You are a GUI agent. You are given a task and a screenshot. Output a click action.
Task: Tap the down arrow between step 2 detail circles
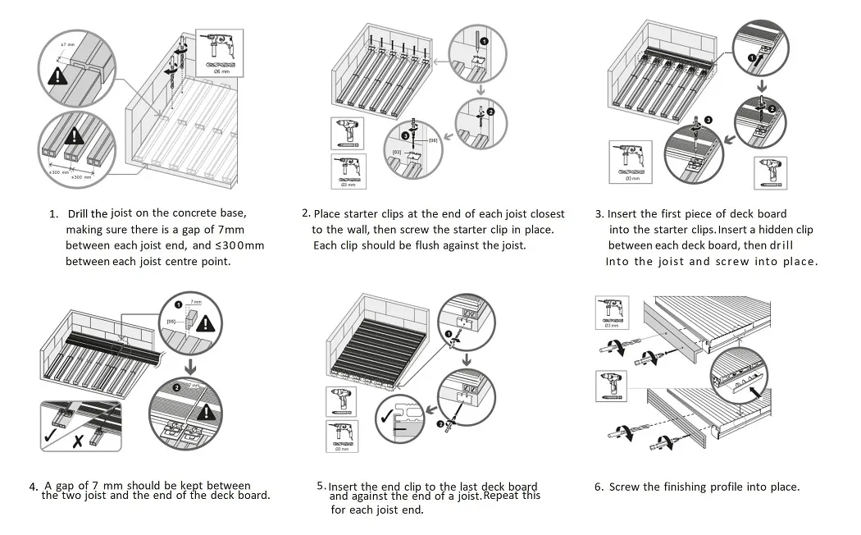coord(481,89)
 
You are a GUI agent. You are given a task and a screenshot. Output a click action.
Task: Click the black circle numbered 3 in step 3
coord(708,120)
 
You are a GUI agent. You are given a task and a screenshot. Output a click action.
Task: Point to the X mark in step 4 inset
coord(76,441)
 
